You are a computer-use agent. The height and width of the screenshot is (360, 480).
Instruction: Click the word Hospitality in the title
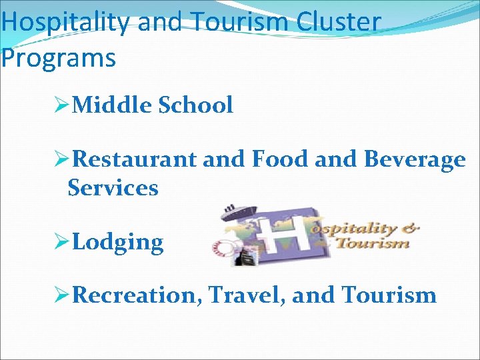pos(66,22)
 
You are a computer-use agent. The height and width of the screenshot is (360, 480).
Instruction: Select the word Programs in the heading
pos(58,57)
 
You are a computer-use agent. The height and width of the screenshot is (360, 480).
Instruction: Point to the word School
pos(196,105)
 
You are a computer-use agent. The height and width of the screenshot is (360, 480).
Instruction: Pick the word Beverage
pos(414,160)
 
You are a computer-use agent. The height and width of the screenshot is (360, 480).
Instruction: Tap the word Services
pos(113,188)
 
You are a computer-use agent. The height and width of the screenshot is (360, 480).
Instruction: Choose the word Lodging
pos(117,243)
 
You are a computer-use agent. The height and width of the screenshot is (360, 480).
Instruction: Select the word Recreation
pos(137,295)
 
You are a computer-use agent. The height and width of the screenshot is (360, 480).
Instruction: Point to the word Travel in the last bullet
pos(247,295)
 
